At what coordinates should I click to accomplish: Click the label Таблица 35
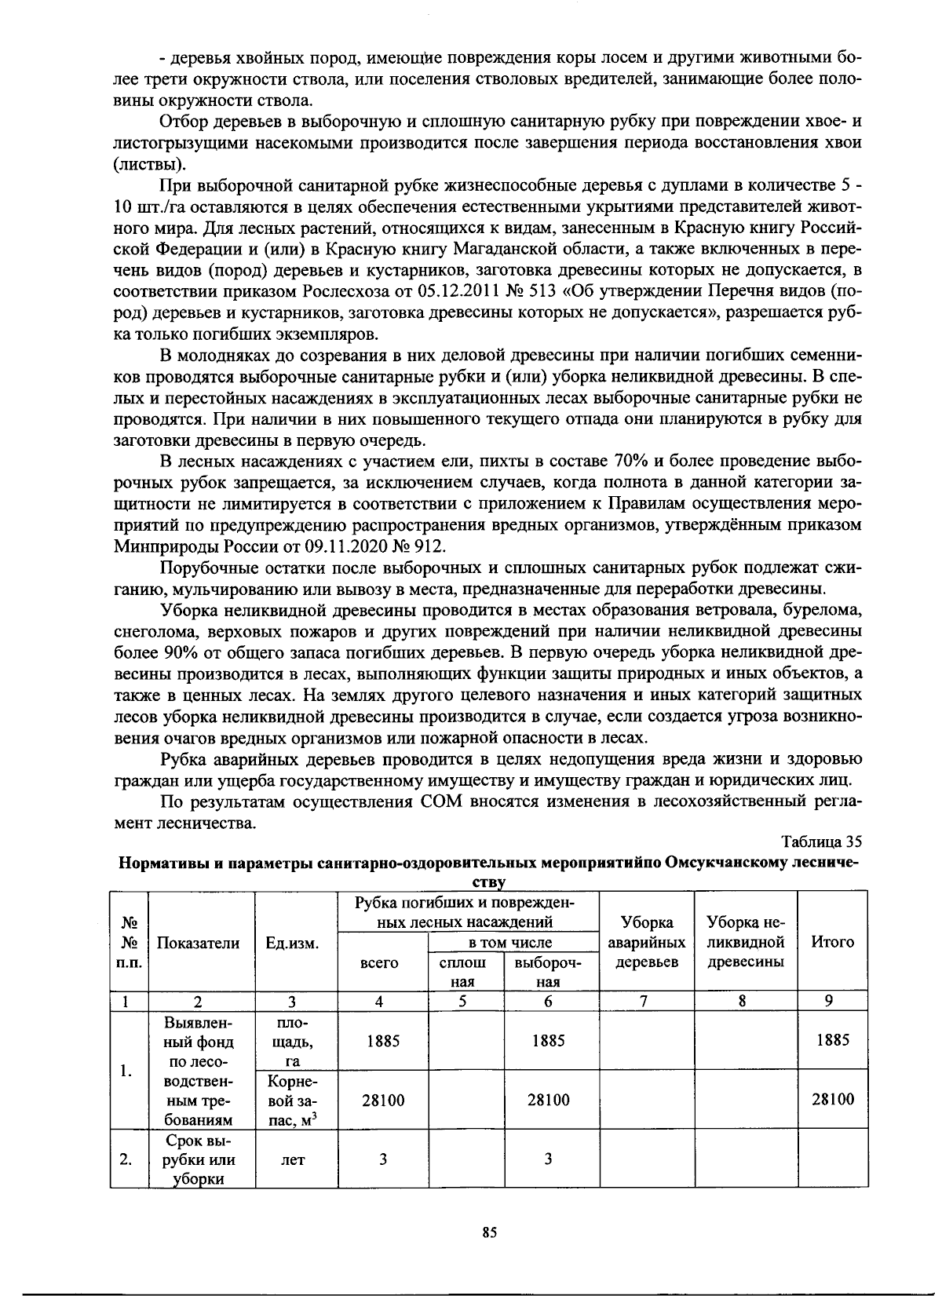click(822, 842)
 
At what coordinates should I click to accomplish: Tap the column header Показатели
click(198, 943)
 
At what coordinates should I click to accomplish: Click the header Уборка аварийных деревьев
click(647, 942)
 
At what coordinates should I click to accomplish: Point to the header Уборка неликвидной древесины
click(746, 942)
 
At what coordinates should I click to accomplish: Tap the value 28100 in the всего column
click(383, 1101)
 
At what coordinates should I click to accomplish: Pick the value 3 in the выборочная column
click(548, 1159)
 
